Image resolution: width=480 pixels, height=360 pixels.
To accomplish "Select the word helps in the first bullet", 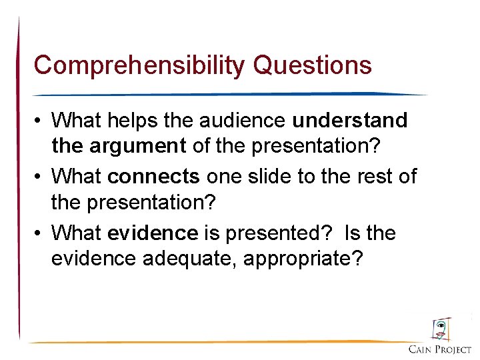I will [x=135, y=120].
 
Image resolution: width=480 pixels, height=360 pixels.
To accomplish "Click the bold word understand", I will [x=350, y=120].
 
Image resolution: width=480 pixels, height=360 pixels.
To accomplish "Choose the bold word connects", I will [x=153, y=176].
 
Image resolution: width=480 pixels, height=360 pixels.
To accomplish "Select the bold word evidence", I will [x=153, y=233].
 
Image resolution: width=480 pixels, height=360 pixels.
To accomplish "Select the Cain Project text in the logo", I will [x=440, y=349].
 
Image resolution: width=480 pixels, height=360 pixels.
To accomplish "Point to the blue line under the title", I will [x=227, y=94].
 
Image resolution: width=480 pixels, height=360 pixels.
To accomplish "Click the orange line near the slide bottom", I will [x=213, y=342].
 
